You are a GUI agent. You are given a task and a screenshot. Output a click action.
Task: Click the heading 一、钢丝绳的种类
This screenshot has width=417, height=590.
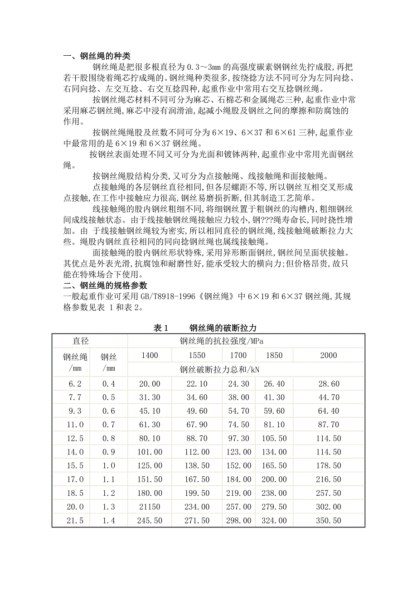[x=97, y=56]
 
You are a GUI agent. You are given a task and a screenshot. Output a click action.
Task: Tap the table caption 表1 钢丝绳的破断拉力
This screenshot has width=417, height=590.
[x=205, y=328]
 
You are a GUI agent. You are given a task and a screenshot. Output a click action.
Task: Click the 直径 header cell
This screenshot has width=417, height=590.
[x=90, y=341]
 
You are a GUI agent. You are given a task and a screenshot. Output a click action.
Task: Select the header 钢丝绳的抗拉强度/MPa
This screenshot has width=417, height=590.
[x=221, y=341]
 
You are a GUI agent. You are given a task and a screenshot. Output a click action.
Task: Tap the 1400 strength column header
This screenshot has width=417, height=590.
[x=150, y=355]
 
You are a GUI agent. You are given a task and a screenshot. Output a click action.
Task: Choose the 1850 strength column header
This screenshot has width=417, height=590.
[x=274, y=355]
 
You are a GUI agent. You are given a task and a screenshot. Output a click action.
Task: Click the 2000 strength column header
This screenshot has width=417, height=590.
[x=329, y=355]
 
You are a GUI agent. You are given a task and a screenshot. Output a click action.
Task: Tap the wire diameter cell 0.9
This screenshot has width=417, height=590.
[x=109, y=452]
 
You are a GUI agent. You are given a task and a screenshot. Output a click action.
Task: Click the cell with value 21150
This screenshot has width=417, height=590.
[x=150, y=507]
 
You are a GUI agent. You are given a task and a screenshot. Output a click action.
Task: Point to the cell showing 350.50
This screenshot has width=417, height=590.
[x=329, y=521]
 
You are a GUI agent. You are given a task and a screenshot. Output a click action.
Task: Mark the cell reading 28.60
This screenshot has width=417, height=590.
[x=329, y=384]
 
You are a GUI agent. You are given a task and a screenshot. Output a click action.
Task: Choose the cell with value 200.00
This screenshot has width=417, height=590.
[x=274, y=479]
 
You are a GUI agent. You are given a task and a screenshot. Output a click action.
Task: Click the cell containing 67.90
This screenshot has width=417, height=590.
[x=197, y=425]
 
